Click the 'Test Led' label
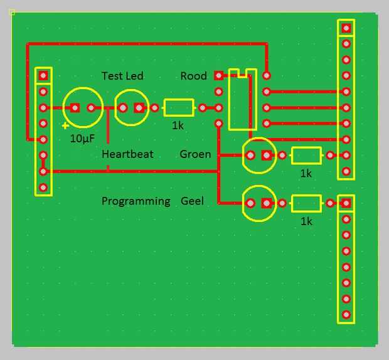(122, 76)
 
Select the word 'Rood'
(193, 76)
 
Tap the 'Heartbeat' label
(127, 154)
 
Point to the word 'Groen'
(195, 154)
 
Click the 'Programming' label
(136, 201)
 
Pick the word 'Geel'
(192, 201)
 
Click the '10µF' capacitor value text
(83, 139)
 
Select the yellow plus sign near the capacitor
(65, 126)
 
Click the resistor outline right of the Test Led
(178, 108)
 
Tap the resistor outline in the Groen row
(306, 155)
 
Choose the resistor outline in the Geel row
(306, 203)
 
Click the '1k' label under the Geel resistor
(306, 221)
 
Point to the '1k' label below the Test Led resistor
(178, 125)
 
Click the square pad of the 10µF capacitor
(75, 108)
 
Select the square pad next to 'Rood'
(218, 76)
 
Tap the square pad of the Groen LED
(267, 155)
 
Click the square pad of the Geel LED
(267, 203)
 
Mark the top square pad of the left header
(43, 76)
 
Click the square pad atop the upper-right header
(346, 28)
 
